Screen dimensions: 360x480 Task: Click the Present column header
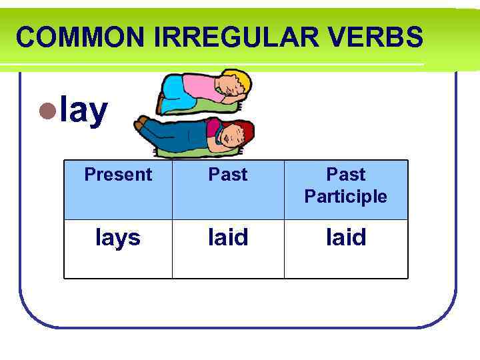118,175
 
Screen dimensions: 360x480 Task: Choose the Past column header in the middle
228,175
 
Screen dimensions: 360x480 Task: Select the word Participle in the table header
345,197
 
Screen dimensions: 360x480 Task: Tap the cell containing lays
118,237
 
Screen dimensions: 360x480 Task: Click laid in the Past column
228,237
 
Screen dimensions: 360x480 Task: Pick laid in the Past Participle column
346,237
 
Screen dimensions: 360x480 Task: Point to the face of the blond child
233,89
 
